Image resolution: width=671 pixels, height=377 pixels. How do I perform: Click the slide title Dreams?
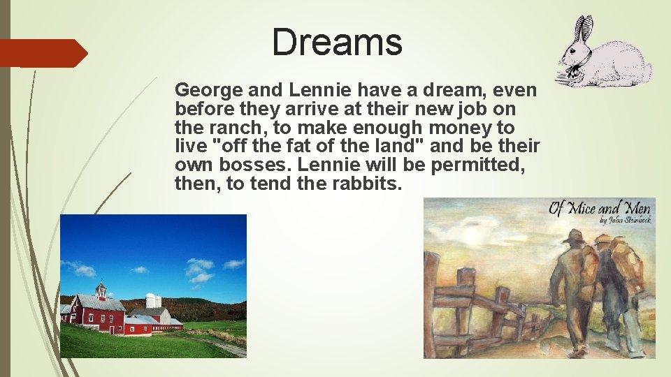pos(337,42)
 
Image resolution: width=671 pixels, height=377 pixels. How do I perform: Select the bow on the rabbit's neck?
pos(575,68)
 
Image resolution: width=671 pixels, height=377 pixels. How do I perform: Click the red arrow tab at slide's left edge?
pos(42,53)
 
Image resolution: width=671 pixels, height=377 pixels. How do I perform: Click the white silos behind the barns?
pos(152,301)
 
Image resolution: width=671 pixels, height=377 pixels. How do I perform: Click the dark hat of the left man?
pos(575,236)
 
